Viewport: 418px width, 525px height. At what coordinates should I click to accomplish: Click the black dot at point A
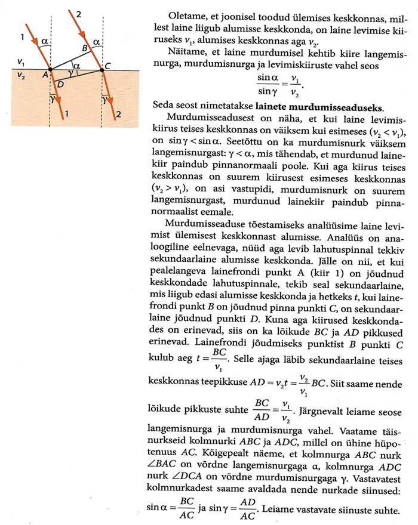tap(50, 69)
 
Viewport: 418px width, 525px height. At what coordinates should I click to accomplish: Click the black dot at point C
tap(103, 69)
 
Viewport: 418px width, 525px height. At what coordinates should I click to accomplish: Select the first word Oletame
tap(186, 14)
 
